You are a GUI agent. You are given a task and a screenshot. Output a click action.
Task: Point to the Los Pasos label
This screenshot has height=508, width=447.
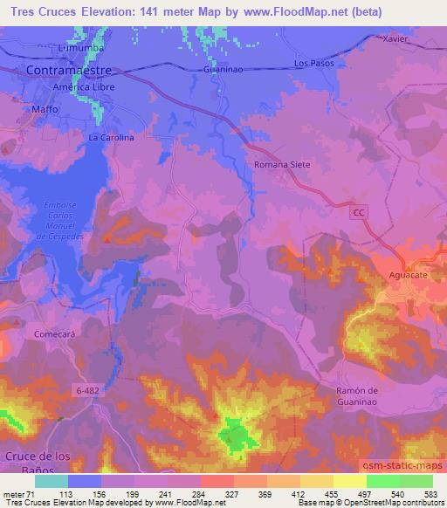point(313,64)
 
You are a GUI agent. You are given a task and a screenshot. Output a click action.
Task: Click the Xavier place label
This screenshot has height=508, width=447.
point(396,39)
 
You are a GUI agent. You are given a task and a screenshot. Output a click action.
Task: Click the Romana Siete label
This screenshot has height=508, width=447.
point(282,163)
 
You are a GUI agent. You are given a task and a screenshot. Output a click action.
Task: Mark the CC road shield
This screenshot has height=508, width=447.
point(360,213)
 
